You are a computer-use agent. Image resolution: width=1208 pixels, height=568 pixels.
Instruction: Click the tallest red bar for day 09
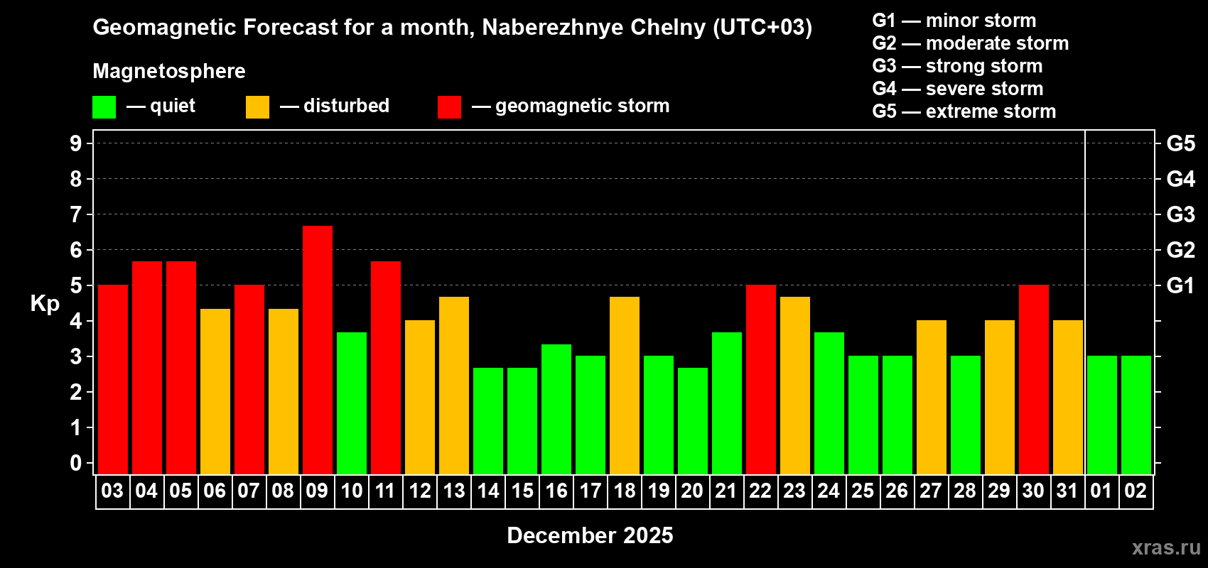point(317,349)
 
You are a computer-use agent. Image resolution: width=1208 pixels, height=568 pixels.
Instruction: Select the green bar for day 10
point(351,403)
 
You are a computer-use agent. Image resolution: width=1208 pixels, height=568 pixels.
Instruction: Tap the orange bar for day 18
point(624,385)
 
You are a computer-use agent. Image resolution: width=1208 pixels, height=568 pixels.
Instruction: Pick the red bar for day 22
point(760,379)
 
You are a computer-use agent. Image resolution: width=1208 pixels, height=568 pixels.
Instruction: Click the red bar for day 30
point(1033,379)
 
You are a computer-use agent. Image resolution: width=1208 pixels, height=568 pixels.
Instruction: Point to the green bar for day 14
point(487,420)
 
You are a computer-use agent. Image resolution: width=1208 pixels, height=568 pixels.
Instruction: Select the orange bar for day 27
point(931,397)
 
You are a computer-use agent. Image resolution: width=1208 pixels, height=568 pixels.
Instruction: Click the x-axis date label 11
point(385,491)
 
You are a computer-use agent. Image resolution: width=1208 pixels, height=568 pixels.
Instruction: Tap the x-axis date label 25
point(863,491)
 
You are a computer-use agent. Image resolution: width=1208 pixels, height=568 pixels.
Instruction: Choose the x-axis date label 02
point(1136,491)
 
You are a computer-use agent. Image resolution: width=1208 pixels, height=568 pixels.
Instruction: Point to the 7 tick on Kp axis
point(76,214)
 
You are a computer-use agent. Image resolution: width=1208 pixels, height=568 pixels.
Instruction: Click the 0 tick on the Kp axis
point(76,463)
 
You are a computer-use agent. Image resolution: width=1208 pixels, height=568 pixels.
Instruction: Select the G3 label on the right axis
point(1180,214)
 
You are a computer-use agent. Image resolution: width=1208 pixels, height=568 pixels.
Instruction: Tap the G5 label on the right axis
point(1180,143)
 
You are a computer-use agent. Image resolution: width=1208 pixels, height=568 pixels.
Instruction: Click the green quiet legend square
point(104,107)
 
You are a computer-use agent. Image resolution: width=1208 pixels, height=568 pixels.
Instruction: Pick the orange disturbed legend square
point(257,107)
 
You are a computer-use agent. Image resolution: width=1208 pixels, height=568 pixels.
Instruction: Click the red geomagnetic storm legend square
point(449,107)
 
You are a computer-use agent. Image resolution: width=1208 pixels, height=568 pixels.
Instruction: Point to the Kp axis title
point(45,303)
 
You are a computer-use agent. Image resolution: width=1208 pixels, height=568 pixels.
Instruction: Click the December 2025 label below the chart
point(590,535)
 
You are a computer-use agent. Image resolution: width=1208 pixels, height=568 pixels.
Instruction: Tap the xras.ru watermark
point(1166,547)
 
